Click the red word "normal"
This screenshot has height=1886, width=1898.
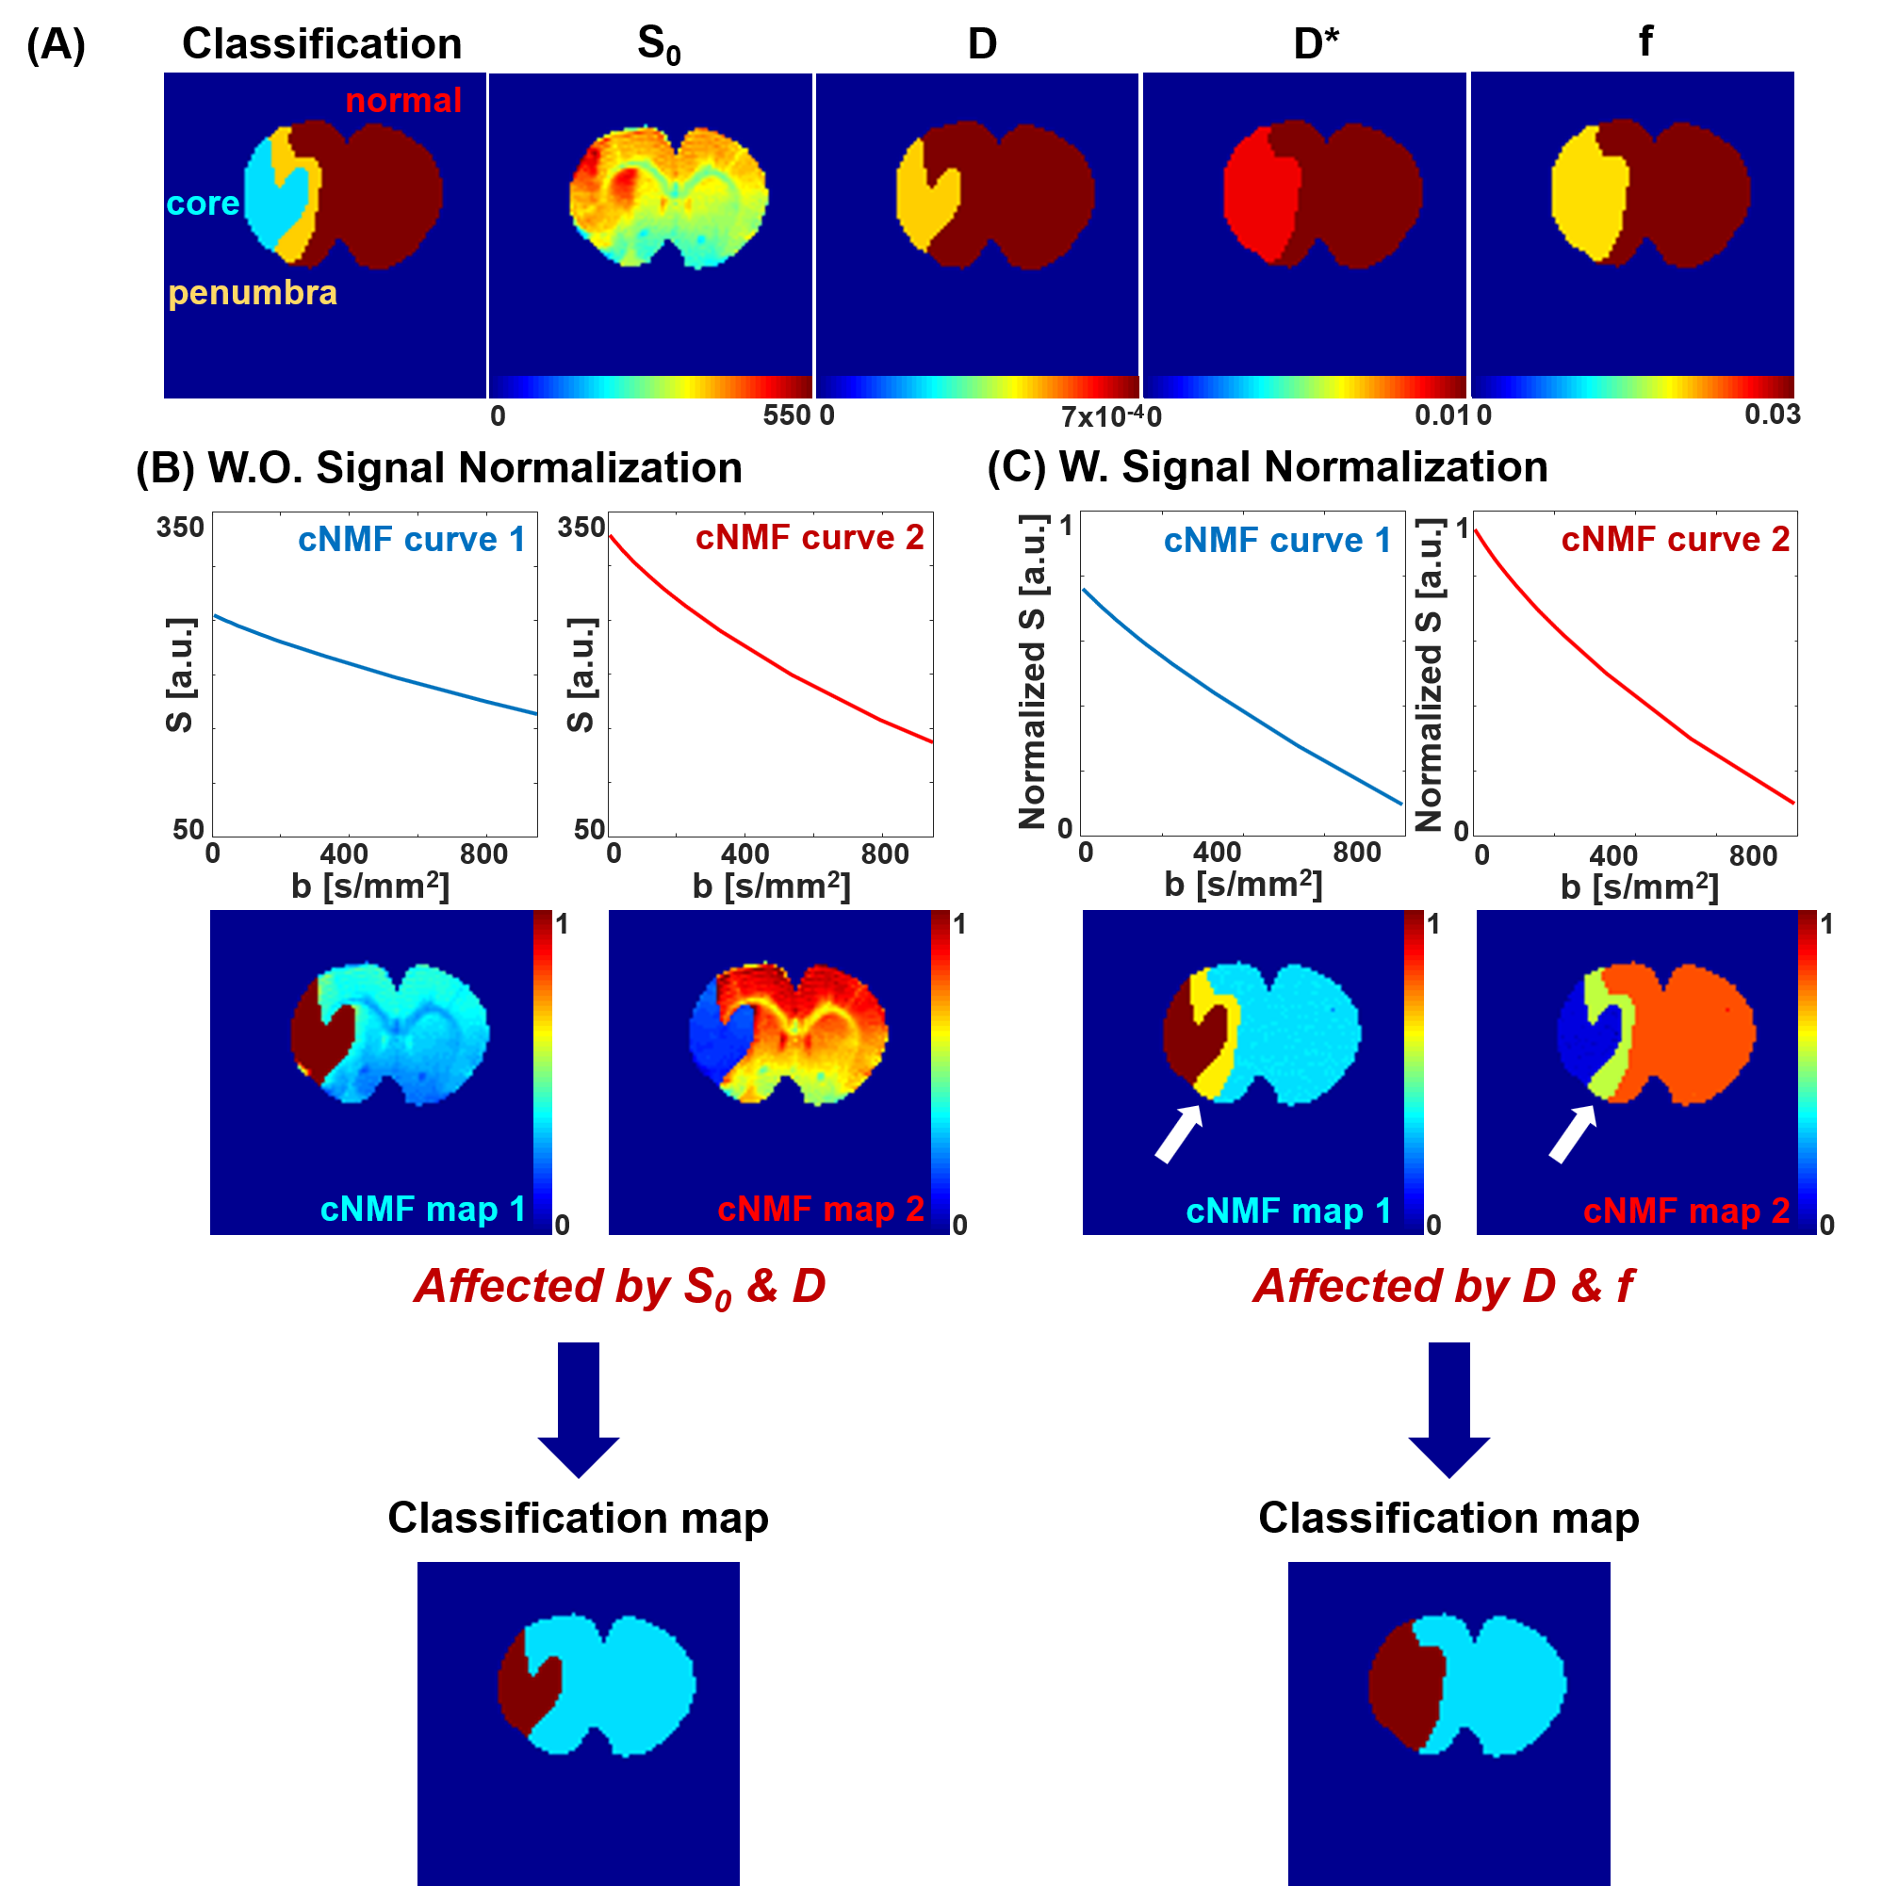pos(402,100)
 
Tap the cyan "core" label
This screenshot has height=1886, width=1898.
pos(203,203)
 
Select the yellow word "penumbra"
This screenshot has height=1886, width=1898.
pos(253,293)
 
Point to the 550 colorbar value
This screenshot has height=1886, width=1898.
pos(786,415)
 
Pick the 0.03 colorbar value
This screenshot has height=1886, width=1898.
pos(1773,415)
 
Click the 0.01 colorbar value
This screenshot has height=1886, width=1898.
pos(1441,415)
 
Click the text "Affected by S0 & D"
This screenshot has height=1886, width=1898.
pos(620,1287)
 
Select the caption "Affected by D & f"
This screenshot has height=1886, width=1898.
pos(1443,1286)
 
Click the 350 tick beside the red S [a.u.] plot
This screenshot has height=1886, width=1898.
pos(581,528)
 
